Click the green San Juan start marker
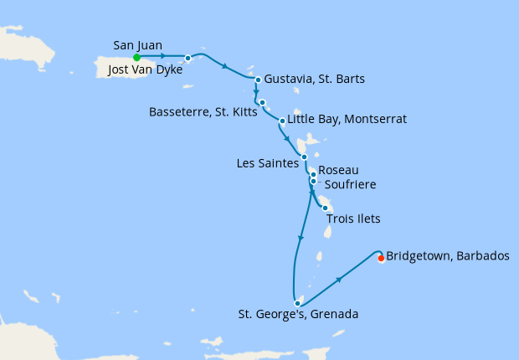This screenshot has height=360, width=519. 136,57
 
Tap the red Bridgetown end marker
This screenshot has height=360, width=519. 381,258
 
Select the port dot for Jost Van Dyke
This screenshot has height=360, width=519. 188,58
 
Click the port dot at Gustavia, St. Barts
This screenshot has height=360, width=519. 258,80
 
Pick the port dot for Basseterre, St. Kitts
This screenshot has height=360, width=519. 263,103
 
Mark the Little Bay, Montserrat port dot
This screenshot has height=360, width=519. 282,121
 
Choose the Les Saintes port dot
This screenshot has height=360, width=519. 305,157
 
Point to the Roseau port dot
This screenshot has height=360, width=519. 313,174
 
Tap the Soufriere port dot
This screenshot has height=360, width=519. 313,181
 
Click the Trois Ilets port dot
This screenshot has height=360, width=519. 325,208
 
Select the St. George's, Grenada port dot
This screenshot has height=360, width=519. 297,304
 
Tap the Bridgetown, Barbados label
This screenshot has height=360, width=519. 448,256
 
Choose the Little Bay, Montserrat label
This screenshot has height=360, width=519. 347,120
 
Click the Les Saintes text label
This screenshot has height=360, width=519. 267,164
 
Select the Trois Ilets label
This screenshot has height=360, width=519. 352,219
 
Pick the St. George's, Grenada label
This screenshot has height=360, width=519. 298,316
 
